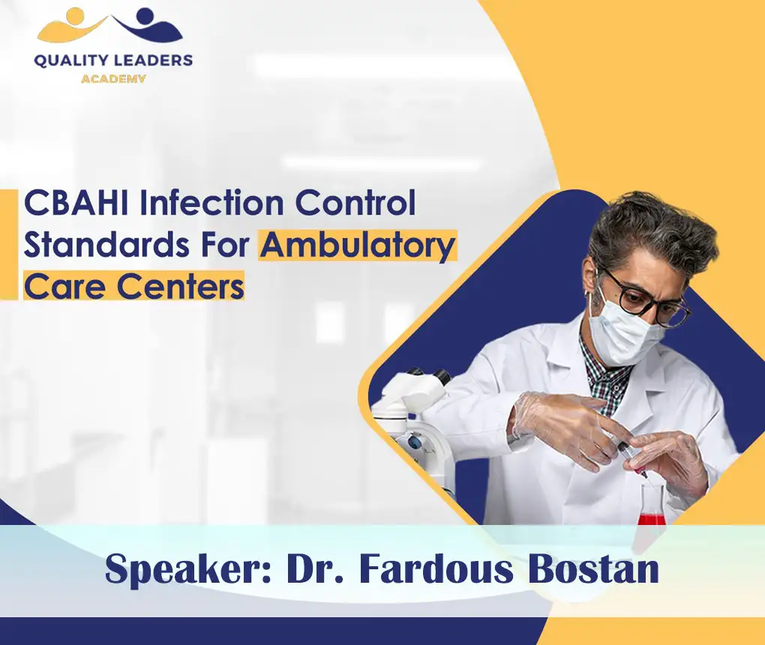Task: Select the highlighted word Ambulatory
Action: point(358,245)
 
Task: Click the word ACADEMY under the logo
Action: point(112,78)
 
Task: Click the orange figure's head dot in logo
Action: point(74,14)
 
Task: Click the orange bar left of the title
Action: point(8,244)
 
